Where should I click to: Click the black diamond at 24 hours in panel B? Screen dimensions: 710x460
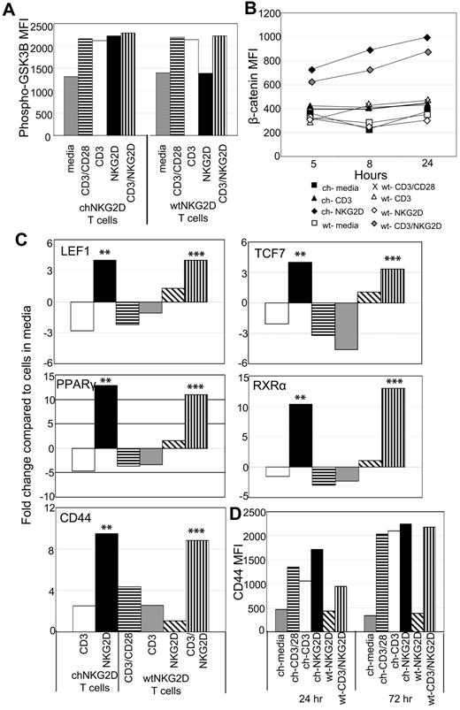coord(427,38)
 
